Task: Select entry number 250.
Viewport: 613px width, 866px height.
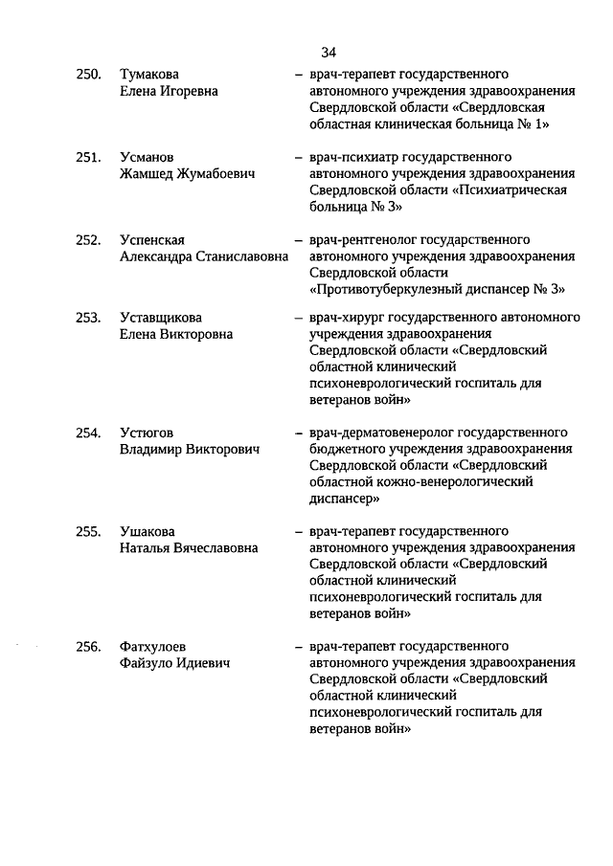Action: coord(89,75)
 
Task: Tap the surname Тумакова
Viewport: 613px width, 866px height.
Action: coord(149,75)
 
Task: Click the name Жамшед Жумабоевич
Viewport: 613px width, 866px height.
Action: coord(181,174)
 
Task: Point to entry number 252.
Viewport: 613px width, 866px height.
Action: coord(89,240)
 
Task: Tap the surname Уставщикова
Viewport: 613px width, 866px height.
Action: coord(161,318)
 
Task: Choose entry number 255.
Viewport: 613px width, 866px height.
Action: coord(89,531)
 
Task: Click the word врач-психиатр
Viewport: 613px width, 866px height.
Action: coord(355,157)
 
